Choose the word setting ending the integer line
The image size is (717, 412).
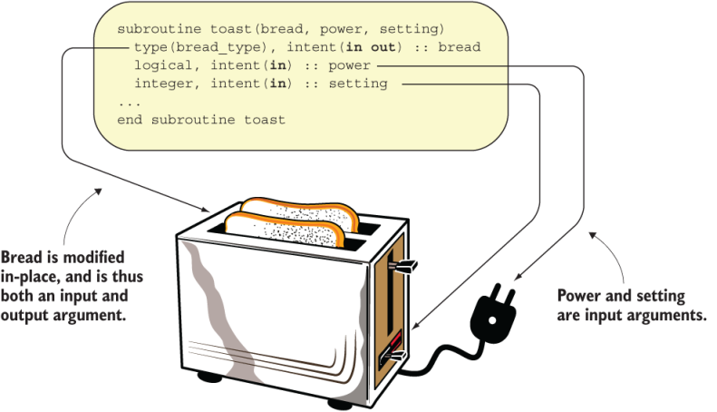pos(361,83)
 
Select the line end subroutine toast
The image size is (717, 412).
pos(201,120)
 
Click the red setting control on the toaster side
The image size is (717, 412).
pos(392,355)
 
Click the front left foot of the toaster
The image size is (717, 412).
pos(210,374)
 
